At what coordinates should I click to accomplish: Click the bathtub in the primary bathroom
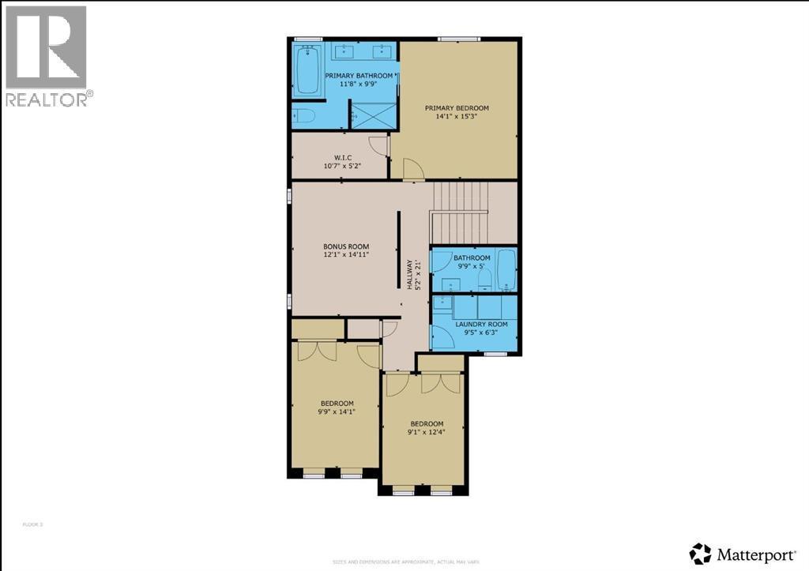[307, 71]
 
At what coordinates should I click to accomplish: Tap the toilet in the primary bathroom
[304, 118]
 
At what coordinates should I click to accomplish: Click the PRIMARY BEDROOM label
[457, 108]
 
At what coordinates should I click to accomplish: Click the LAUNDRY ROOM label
[480, 324]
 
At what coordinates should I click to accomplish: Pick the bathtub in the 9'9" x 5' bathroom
[506, 271]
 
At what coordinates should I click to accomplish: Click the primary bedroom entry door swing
[413, 169]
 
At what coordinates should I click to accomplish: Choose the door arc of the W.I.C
[379, 146]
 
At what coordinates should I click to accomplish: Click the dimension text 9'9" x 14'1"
[337, 411]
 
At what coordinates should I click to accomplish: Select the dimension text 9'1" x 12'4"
[425, 431]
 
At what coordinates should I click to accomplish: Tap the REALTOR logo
[47, 56]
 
